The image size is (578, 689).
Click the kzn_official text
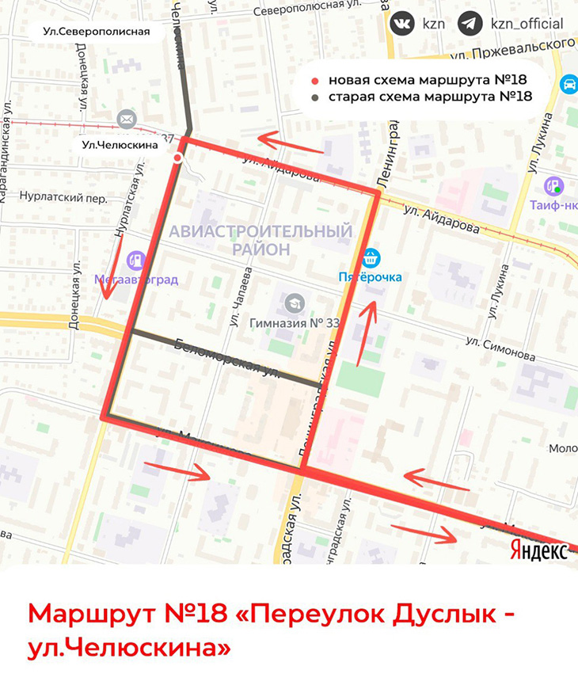click(x=527, y=24)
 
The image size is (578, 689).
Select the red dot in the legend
click(x=316, y=81)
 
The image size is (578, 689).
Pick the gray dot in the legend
click(x=316, y=98)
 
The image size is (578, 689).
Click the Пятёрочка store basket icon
click(x=371, y=257)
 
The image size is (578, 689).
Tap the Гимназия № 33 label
click(x=295, y=323)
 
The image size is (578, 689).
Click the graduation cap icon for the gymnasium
click(x=295, y=303)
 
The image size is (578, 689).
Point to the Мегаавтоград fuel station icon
click(x=137, y=259)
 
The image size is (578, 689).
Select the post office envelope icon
click(x=126, y=119)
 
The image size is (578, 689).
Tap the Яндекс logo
click(x=539, y=550)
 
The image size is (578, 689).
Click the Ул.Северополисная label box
click(x=97, y=32)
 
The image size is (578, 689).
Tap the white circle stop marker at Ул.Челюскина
click(x=178, y=158)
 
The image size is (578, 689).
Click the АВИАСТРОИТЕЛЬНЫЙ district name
click(x=260, y=231)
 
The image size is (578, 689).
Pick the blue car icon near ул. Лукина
click(x=568, y=84)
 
